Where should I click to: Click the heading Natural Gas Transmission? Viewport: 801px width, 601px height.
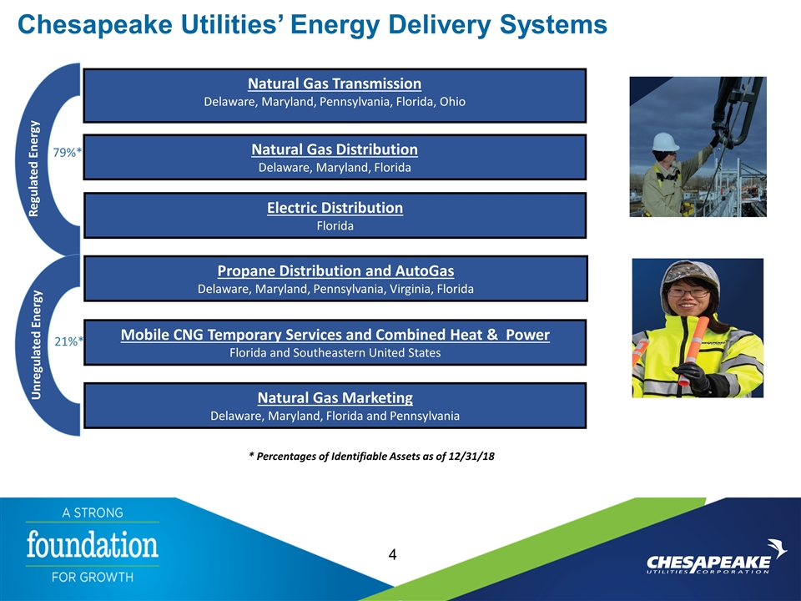tap(335, 83)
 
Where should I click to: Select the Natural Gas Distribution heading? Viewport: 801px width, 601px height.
tap(335, 149)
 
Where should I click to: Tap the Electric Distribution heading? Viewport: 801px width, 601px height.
tap(335, 208)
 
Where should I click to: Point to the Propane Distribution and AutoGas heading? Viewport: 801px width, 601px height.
tap(335, 270)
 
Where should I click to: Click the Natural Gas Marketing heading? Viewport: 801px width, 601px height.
tap(335, 397)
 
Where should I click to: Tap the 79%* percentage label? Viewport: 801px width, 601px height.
tap(68, 152)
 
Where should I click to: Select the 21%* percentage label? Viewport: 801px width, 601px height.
tap(68, 341)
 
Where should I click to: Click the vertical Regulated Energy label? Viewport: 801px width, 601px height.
tap(33, 169)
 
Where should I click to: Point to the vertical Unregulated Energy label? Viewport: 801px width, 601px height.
tap(36, 345)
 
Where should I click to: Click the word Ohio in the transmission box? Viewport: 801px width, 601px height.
tap(452, 102)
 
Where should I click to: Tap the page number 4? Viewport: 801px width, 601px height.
tap(392, 554)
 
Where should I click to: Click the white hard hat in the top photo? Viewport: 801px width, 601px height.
tap(666, 142)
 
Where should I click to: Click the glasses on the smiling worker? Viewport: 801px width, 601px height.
tap(688, 293)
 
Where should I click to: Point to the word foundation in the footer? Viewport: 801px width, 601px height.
tap(93, 545)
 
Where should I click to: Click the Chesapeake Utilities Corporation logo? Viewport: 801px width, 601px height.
tap(716, 558)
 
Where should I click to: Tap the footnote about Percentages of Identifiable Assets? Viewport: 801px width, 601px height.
tap(371, 457)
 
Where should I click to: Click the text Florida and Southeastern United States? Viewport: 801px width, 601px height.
tap(335, 353)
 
